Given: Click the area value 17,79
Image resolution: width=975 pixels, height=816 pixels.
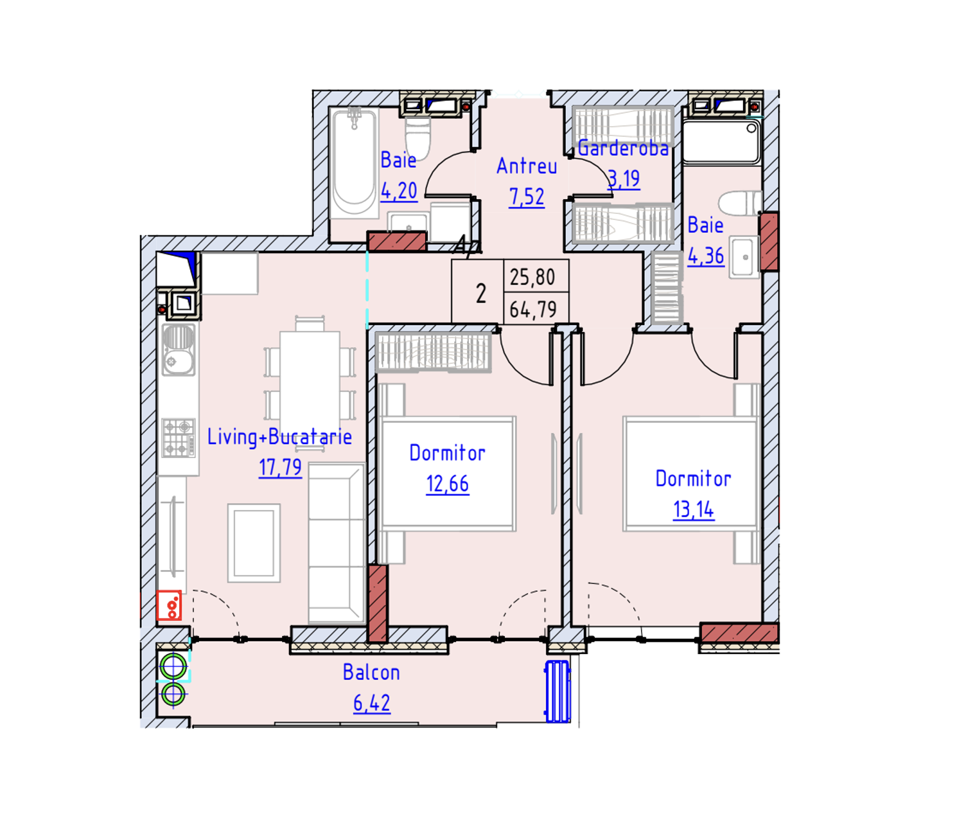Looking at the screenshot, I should [x=280, y=467].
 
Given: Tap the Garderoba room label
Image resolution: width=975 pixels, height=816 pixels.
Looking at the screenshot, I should [x=622, y=148].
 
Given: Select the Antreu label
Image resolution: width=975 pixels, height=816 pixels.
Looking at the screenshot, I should [x=527, y=166].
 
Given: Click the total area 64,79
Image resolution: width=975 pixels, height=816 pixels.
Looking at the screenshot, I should [x=532, y=310].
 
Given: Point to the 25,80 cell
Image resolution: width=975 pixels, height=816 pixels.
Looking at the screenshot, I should [x=532, y=277].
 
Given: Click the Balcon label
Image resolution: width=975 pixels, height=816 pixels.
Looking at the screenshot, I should [x=371, y=673].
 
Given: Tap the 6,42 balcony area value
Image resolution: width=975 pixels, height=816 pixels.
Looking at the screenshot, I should [x=371, y=703].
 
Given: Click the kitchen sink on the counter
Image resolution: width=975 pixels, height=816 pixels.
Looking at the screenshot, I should [x=178, y=350].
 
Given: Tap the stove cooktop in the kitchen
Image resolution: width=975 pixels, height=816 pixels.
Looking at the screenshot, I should [x=178, y=437].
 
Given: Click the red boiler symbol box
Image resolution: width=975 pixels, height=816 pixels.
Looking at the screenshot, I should [x=170, y=605].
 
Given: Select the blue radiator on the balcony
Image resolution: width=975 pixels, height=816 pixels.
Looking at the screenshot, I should [x=558, y=691].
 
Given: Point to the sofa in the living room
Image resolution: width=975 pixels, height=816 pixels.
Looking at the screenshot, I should [x=335, y=543].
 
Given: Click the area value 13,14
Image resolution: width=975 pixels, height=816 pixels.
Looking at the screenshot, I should [x=693, y=510].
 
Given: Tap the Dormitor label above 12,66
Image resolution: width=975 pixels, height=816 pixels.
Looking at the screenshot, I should [x=447, y=453].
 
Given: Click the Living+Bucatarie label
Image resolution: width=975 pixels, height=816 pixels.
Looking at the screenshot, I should [x=279, y=437].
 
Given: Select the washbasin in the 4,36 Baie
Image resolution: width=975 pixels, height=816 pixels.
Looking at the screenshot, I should [x=744, y=258].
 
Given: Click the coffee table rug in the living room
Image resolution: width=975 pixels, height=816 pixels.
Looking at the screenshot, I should [x=254, y=544].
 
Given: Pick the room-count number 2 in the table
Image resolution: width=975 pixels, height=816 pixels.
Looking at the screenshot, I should [x=481, y=294].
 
